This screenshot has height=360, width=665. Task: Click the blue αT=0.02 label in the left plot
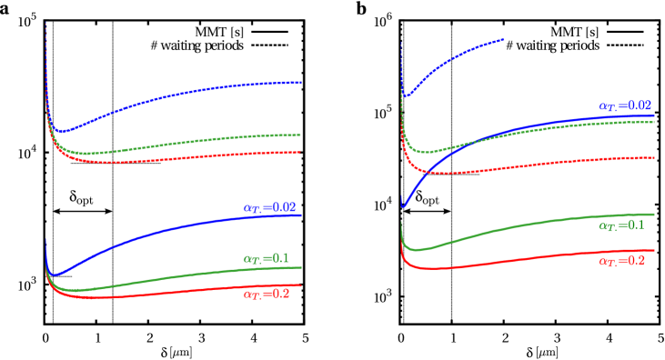(269, 208)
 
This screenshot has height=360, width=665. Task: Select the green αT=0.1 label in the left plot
(266, 259)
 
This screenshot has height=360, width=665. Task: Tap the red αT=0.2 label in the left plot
(266, 295)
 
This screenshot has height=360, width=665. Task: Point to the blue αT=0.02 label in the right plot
(624, 106)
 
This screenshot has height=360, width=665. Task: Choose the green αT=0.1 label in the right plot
(620, 225)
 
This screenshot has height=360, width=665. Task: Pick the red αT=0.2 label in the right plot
(621, 261)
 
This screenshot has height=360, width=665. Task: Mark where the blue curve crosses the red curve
(426, 170)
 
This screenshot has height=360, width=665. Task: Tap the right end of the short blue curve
(503, 39)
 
